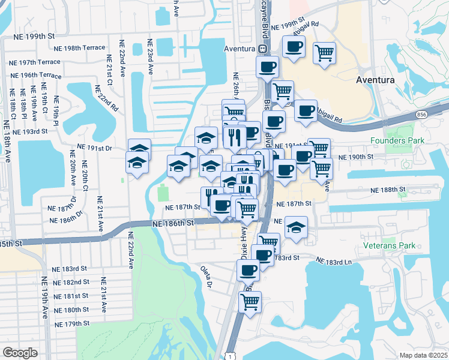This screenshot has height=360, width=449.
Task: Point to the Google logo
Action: coord(20,353)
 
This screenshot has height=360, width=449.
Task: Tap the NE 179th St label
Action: coord(71,323)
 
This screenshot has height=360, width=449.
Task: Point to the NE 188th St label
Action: coord(389,190)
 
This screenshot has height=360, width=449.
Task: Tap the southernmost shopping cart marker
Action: coord(250,301)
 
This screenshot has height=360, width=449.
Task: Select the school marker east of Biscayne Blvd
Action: coord(296,227)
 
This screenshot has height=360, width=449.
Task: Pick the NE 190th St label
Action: coord(356,156)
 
